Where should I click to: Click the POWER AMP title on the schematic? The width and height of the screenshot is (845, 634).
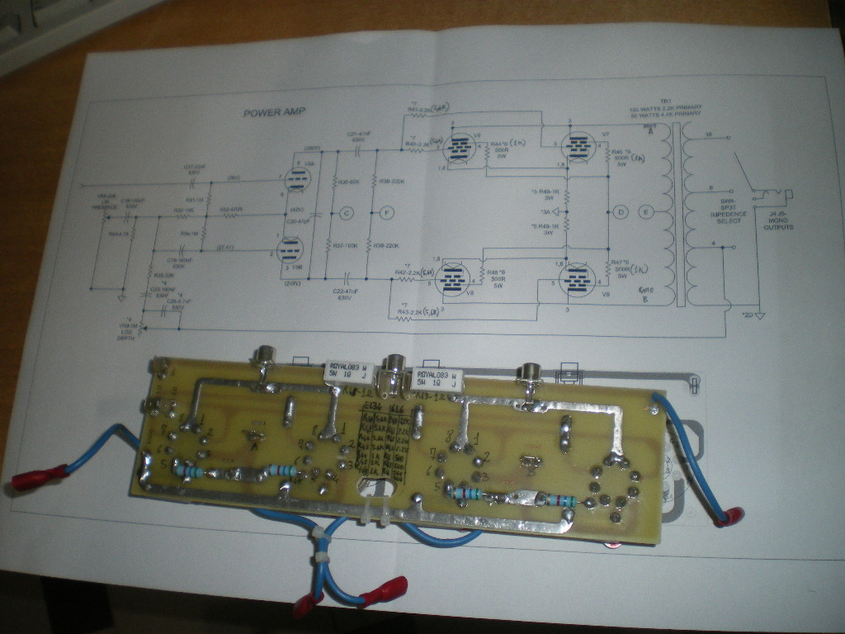point(274,112)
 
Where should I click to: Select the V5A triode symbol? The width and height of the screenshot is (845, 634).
point(295,179)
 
